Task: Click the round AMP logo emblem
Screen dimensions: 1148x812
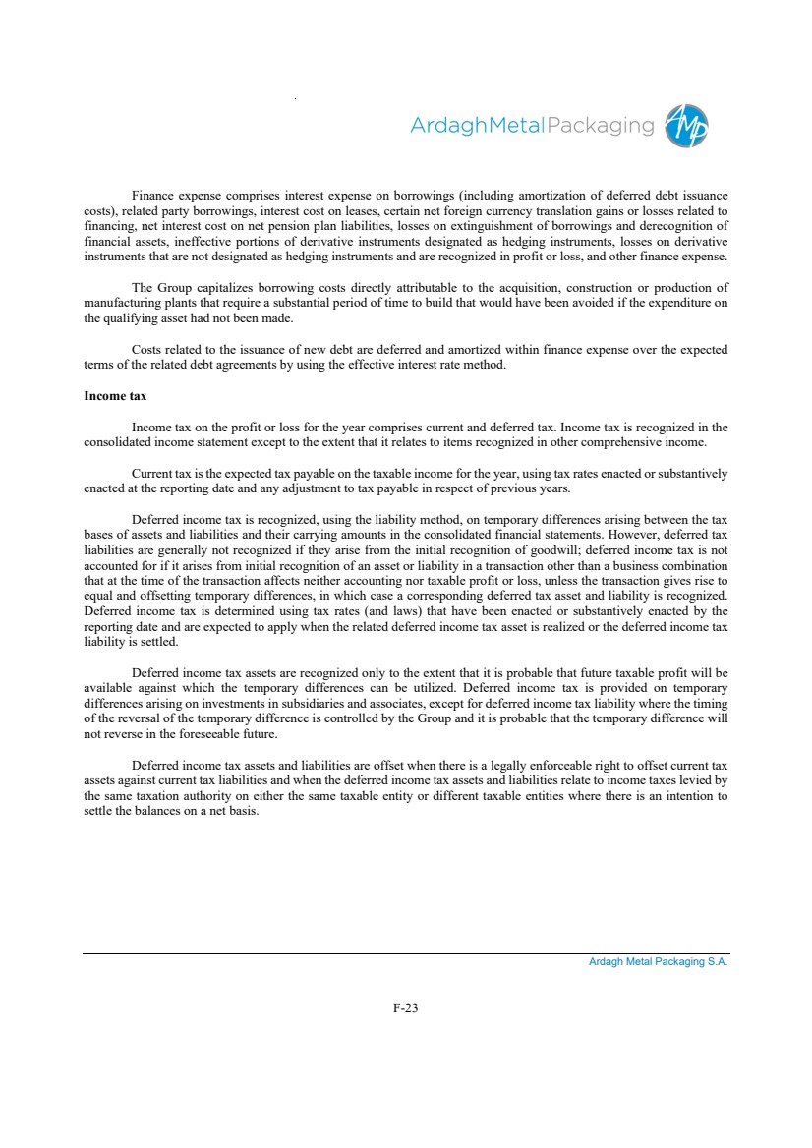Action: coord(687,126)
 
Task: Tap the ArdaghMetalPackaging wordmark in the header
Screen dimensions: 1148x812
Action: coord(532,126)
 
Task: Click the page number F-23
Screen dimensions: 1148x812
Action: coord(406,1007)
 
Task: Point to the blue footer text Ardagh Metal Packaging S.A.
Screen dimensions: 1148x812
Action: coord(658,962)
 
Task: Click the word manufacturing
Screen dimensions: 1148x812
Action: coord(121,303)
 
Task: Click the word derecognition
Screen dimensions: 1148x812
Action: coord(676,224)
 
